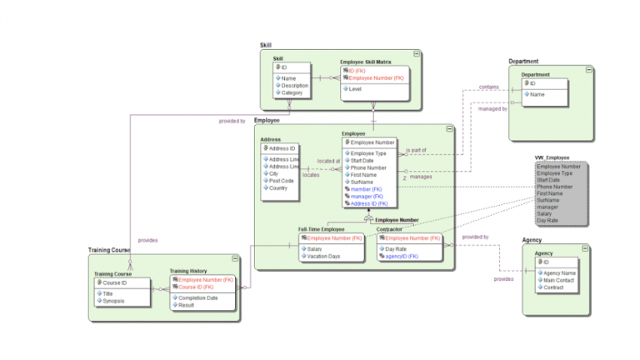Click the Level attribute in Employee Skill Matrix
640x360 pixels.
click(355, 87)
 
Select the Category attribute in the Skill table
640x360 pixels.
click(292, 92)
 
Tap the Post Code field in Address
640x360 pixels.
click(281, 180)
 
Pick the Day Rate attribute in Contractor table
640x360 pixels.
click(395, 248)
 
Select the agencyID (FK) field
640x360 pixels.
click(401, 256)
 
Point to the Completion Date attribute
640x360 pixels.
click(198, 297)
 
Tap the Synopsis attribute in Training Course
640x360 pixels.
click(114, 300)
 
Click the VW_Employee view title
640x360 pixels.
click(552, 157)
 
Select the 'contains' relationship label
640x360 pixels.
click(490, 87)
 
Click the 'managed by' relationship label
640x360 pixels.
click(492, 109)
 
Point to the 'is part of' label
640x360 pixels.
click(416, 151)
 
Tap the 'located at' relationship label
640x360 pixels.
click(328, 162)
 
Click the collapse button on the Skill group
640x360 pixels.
click(416, 52)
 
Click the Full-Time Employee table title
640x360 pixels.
click(322, 228)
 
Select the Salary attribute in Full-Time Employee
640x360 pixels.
click(315, 248)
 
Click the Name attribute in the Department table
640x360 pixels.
click(537, 94)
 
